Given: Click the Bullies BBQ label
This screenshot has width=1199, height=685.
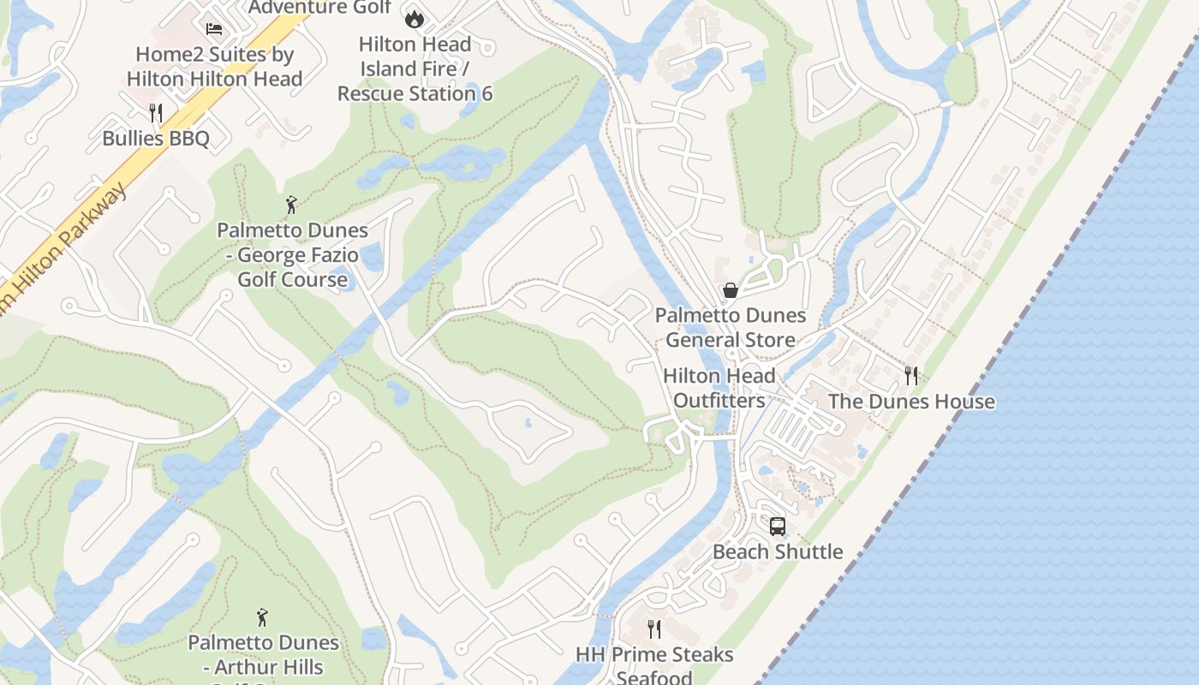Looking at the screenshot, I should pyautogui.click(x=156, y=138).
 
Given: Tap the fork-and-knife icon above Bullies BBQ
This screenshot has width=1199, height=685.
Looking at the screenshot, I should pyautogui.click(x=156, y=113).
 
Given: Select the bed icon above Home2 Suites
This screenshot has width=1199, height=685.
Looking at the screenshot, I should pyautogui.click(x=214, y=29).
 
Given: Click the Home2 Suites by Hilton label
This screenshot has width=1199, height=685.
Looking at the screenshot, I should pyautogui.click(x=215, y=67).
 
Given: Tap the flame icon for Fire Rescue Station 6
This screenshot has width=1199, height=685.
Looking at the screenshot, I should pyautogui.click(x=415, y=19).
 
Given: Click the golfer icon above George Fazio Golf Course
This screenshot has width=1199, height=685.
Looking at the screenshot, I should pyautogui.click(x=291, y=205).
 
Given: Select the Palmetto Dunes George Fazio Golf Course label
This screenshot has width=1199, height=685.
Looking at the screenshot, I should pyautogui.click(x=292, y=254).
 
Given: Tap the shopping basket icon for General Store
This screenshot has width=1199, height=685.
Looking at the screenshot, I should pyautogui.click(x=731, y=290).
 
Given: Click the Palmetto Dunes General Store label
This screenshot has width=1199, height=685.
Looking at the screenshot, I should pyautogui.click(x=731, y=327).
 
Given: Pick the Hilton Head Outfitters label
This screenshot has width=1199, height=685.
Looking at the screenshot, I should pyautogui.click(x=719, y=388).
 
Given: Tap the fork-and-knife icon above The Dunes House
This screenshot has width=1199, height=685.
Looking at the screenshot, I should pyautogui.click(x=911, y=375).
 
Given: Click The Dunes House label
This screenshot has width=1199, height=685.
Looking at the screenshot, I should pyautogui.click(x=911, y=401).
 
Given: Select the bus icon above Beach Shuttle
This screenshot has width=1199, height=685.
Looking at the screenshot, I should pyautogui.click(x=778, y=526).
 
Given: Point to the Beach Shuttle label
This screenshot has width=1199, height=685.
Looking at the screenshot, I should pyautogui.click(x=778, y=551).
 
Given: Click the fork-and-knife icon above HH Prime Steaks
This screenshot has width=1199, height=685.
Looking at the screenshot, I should pyautogui.click(x=654, y=629).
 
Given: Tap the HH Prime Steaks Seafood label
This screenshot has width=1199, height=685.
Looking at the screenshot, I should pyautogui.click(x=654, y=665).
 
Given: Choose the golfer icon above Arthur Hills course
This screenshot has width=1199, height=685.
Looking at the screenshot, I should pyautogui.click(x=262, y=617).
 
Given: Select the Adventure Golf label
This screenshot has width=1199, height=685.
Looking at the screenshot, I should pyautogui.click(x=319, y=8).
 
